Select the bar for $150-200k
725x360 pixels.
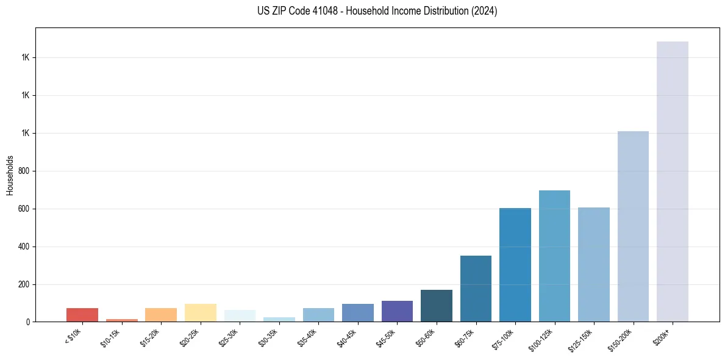(x=633, y=226)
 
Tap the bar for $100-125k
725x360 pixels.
(x=554, y=256)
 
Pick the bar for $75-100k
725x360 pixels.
(x=515, y=265)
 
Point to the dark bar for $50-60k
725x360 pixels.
(x=437, y=306)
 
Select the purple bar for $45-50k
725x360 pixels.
(x=397, y=311)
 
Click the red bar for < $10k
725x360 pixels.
(x=82, y=315)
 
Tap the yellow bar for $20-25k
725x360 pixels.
(x=201, y=312)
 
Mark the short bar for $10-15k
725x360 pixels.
(x=122, y=320)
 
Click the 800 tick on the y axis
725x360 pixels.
(x=24, y=171)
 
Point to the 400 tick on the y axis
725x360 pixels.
(x=24, y=247)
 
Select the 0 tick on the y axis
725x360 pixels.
(x=28, y=322)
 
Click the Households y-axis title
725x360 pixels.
(x=10, y=175)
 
